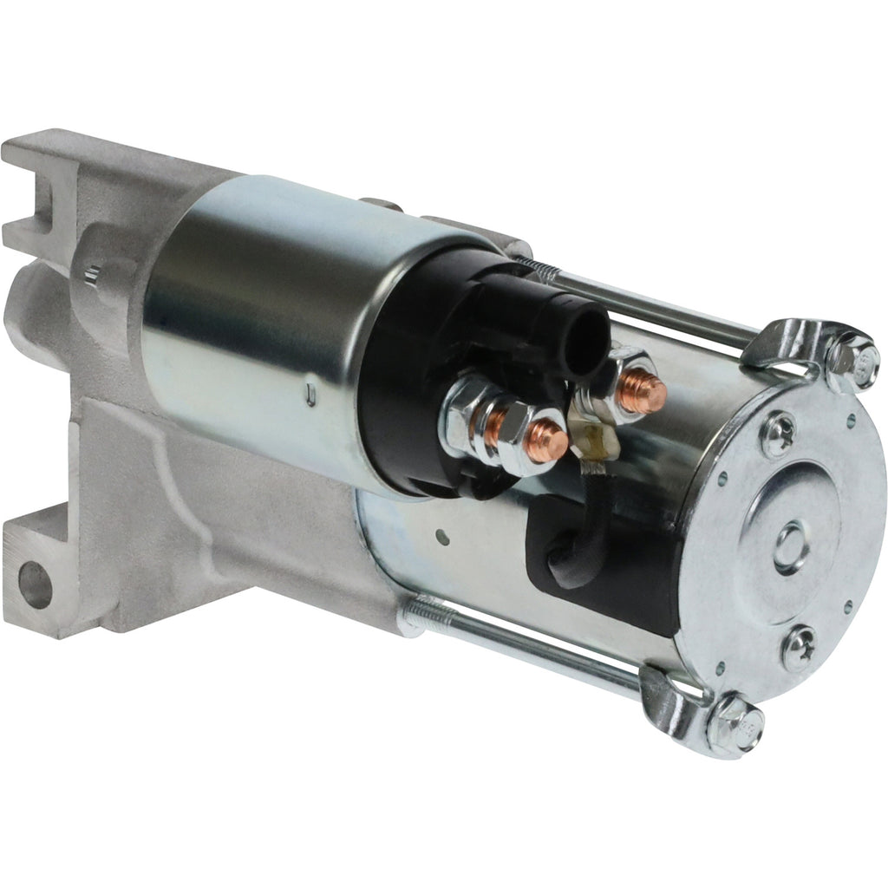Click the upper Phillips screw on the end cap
coord(778,434)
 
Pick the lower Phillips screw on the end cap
coord(797,648)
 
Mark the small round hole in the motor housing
coord(443,538)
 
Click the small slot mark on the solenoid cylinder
coord(310,398)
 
